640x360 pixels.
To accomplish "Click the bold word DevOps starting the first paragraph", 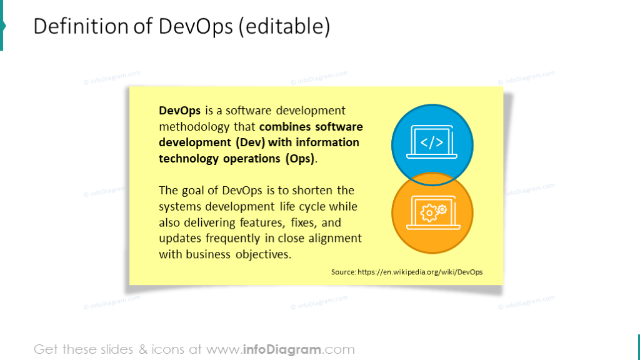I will [179, 111].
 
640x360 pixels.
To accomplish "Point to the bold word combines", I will [286, 127].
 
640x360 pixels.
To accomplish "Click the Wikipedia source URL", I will [419, 272].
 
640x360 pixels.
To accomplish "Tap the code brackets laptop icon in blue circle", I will [432, 143].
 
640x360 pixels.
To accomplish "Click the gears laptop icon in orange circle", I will [432, 212].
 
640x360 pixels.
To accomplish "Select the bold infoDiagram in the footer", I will [290, 349].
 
